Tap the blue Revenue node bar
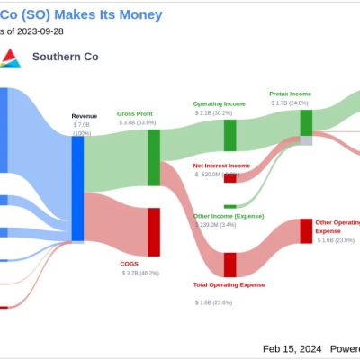point(77,175)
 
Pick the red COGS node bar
point(154,231)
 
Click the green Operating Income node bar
point(230,135)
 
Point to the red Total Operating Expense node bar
point(230,265)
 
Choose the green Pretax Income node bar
point(306,122)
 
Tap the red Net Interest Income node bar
point(230,178)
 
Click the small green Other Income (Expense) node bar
point(230,206)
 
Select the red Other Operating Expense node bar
point(306,231)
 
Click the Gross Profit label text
point(136,114)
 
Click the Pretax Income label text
point(290,94)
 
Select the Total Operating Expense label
point(229,284)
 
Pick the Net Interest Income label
point(221,166)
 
